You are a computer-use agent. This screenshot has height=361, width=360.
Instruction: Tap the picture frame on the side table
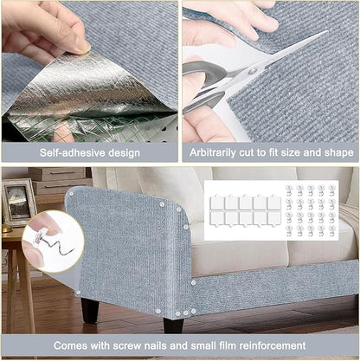17,202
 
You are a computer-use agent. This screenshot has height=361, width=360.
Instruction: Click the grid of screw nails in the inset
311,210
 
